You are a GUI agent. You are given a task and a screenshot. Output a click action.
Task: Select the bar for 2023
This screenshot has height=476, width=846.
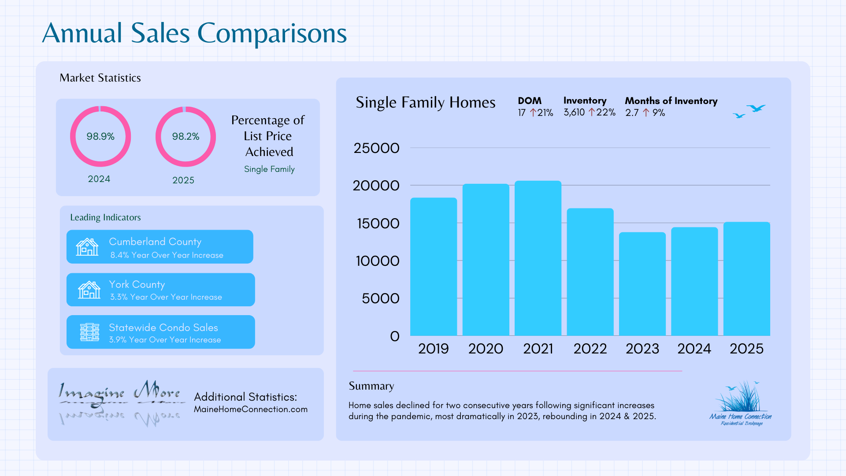[642, 284]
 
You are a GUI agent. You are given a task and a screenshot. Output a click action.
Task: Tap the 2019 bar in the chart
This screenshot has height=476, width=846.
[434, 267]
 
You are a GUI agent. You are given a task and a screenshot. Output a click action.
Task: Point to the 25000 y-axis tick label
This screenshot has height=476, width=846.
[376, 148]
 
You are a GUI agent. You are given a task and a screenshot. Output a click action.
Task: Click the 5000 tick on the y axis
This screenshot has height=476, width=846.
[380, 298]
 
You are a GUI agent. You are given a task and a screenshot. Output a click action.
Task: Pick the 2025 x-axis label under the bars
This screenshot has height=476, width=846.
[746, 349]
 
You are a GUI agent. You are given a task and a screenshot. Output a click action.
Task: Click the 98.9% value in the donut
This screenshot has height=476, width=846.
[100, 137]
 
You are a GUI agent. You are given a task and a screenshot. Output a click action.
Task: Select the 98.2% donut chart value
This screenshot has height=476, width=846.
[186, 137]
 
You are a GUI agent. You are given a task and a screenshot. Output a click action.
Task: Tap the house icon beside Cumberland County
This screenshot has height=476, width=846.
[87, 247]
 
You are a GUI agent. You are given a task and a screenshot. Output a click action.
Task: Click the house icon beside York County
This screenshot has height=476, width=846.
[89, 290]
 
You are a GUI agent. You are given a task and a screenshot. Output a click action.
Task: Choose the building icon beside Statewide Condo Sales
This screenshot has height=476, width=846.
[89, 332]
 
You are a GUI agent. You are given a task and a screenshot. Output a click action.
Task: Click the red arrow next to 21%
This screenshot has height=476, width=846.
[533, 113]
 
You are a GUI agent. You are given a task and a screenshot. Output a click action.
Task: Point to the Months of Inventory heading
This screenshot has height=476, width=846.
[671, 101]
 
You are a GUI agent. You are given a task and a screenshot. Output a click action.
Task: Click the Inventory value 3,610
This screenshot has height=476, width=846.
[574, 112]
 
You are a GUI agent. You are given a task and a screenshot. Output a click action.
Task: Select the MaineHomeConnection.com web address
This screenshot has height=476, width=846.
[251, 409]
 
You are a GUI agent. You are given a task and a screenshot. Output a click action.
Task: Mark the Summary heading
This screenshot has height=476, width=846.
[371, 386]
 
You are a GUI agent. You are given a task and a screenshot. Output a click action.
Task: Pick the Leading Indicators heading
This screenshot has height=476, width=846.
[105, 217]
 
